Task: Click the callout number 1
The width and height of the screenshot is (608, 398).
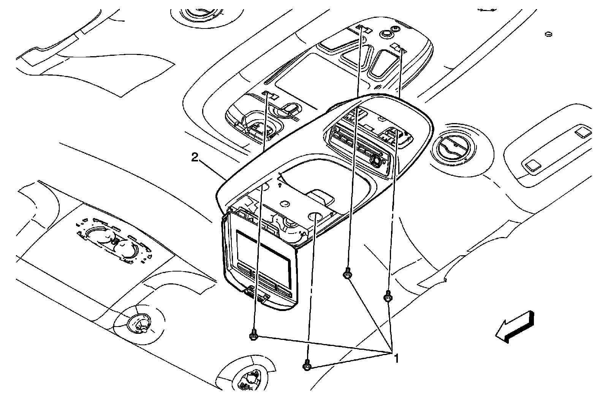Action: pos(396,359)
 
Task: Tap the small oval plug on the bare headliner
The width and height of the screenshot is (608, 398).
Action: pos(548,35)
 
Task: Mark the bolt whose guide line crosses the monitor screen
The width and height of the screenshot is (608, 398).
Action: pos(253,336)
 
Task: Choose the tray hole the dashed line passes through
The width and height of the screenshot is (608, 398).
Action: pos(315,217)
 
